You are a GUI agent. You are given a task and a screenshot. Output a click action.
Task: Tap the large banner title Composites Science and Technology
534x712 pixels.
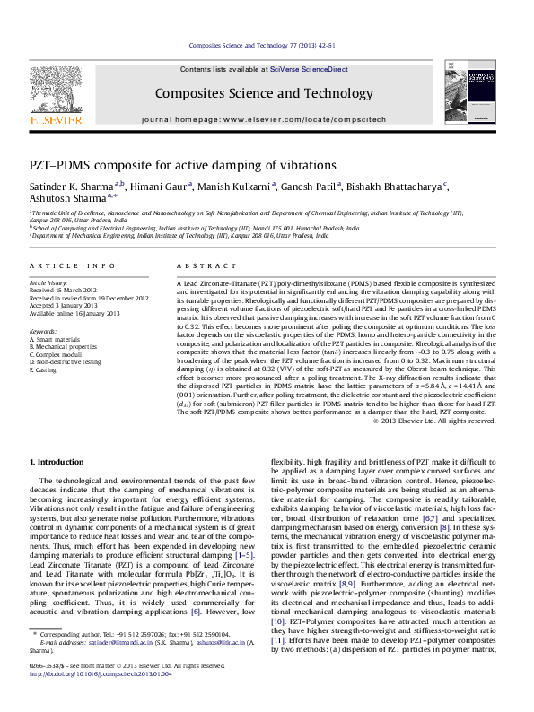pyautogui.click(x=264, y=92)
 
